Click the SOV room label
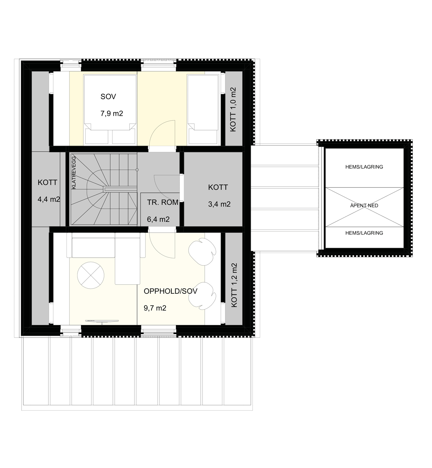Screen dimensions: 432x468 [x=108, y=96]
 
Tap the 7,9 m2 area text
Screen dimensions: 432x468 [x=112, y=113]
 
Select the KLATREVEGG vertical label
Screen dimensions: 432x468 [x=74, y=172]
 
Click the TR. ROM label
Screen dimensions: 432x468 [x=163, y=202]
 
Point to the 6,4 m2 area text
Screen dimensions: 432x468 [x=158, y=219]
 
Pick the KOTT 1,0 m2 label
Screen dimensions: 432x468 [x=233, y=109]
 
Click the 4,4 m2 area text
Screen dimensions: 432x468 [x=49, y=199]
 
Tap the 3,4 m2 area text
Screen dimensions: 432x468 [x=219, y=204]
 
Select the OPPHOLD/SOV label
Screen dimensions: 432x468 [x=170, y=291]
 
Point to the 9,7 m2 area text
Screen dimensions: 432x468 [x=155, y=308]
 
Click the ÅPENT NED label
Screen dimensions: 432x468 [x=364, y=206]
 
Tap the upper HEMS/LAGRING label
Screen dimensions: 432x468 [x=364, y=167]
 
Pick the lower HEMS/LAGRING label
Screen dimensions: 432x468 [x=364, y=233]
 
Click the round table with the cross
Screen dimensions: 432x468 [x=91, y=275]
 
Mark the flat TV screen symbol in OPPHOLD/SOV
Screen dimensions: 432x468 [x=102, y=321]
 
